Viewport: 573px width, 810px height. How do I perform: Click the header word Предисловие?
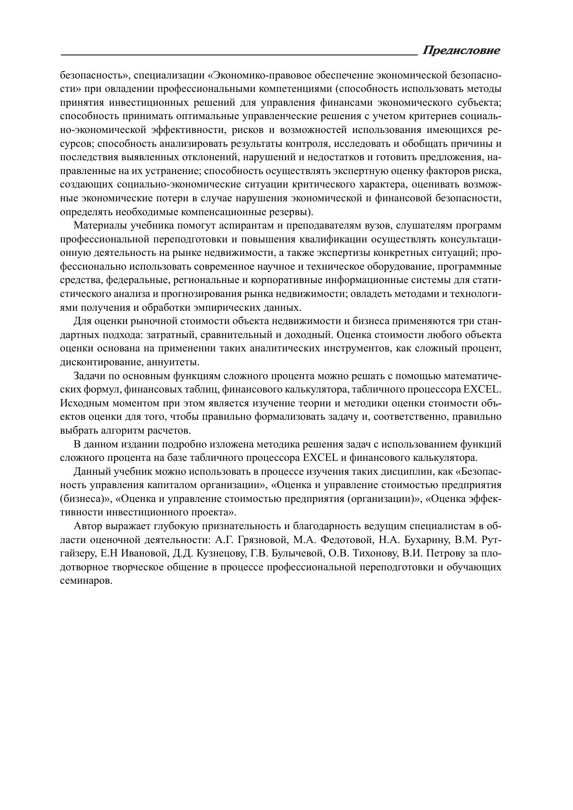tap(461, 50)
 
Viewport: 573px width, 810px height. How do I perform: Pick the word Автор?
tap(88, 526)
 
